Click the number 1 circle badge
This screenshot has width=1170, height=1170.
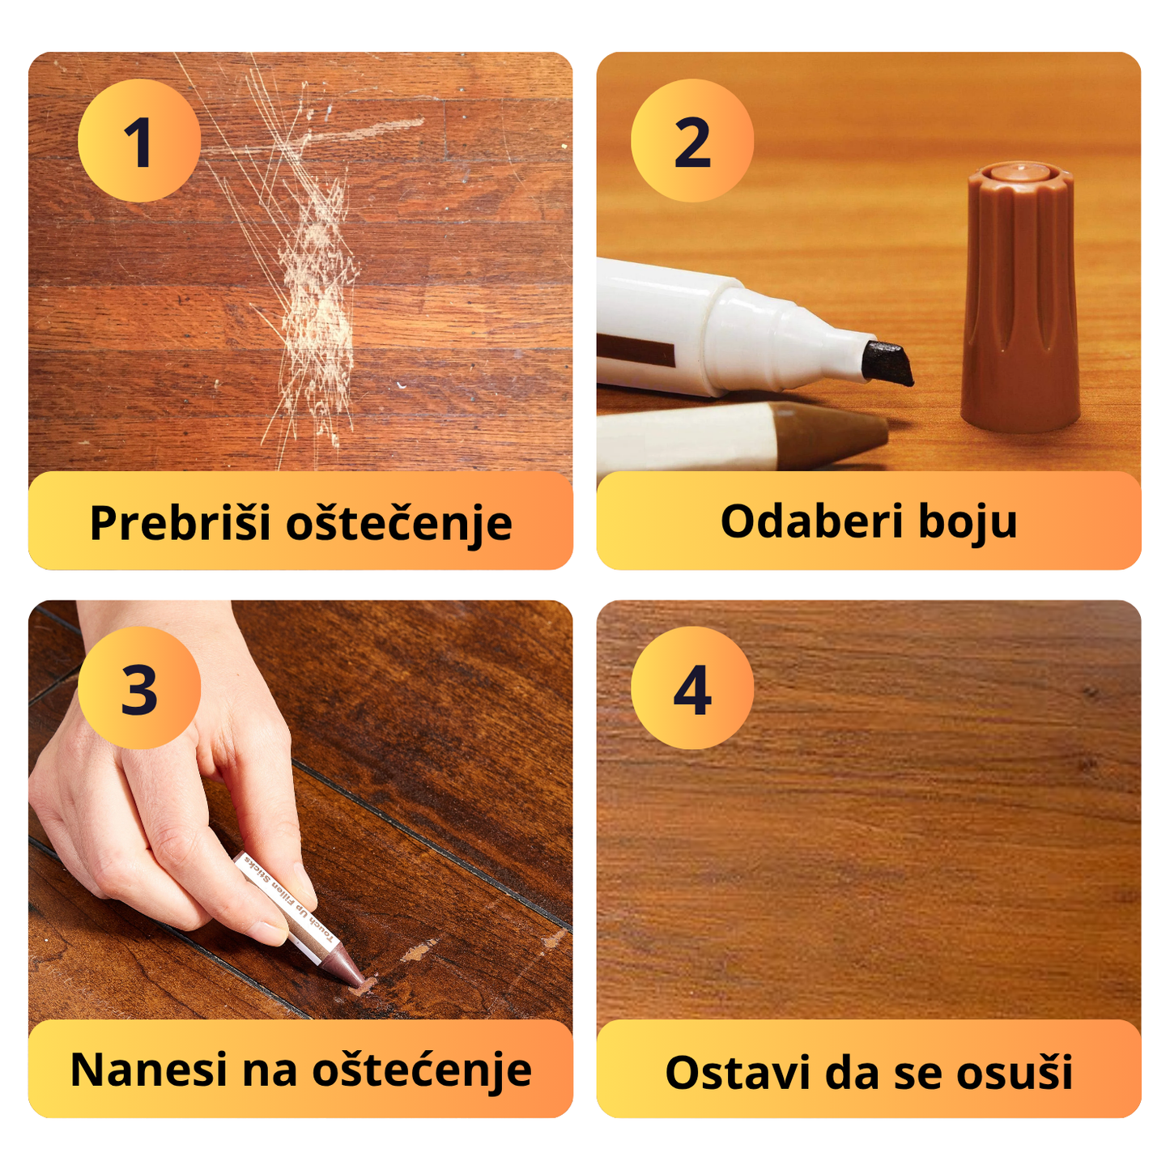click(x=138, y=141)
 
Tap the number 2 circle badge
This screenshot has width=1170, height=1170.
click(x=692, y=141)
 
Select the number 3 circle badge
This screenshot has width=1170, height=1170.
click(x=138, y=688)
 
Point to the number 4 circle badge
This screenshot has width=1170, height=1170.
click(x=692, y=688)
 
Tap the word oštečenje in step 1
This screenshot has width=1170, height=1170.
click(x=399, y=522)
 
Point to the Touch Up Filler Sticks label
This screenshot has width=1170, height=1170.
click(x=288, y=900)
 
